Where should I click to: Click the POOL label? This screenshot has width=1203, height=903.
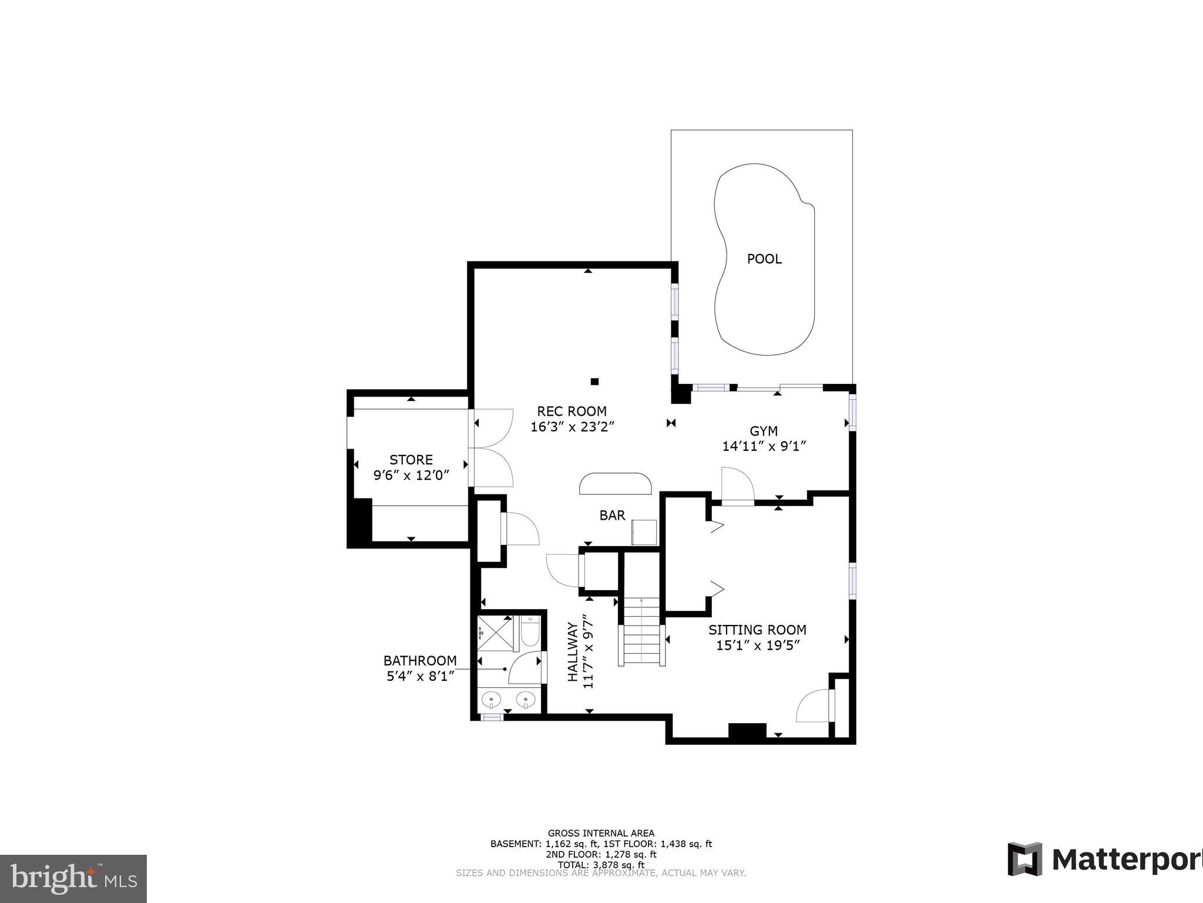coord(764,259)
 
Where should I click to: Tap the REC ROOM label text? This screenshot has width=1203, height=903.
coord(572,411)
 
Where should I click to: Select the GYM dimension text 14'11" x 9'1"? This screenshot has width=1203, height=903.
coord(764,446)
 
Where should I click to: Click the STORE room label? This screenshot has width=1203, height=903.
coord(411,460)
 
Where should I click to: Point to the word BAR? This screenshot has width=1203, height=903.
coord(612,516)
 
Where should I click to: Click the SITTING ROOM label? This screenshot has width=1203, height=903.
coord(757,630)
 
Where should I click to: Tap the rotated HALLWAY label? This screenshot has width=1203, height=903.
coord(573,652)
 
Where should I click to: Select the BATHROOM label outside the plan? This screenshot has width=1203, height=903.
coord(420,661)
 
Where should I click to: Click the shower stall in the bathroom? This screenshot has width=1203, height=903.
coord(495,633)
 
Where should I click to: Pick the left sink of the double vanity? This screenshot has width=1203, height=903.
coord(491,700)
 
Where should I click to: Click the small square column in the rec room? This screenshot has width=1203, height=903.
coord(594,382)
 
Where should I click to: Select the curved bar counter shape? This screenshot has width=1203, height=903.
coord(616,484)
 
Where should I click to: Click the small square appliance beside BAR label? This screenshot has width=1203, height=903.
coord(644,533)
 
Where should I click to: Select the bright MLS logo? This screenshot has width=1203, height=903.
coord(73,878)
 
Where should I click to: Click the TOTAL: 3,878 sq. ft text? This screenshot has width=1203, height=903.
coord(601,865)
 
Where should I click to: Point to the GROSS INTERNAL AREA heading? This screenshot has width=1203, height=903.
coord(601,833)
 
